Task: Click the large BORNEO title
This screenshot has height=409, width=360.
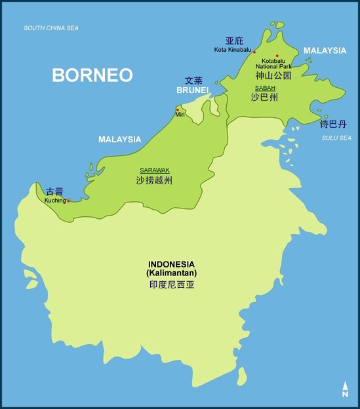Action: [92, 75]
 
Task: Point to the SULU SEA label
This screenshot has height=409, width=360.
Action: [336, 138]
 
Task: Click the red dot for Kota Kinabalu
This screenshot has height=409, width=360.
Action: [254, 52]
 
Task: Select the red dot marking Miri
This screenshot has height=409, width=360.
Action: [177, 109]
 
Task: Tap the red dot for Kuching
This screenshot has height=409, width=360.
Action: [68, 201]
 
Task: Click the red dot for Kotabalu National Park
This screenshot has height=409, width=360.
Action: [277, 56]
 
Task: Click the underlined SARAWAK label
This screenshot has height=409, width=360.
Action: [154, 170]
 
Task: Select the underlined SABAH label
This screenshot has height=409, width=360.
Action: [265, 88]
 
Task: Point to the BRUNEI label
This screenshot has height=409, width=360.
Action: [193, 90]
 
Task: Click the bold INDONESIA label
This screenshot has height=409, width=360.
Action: [172, 264]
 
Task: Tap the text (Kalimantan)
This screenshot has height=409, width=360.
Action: [172, 273]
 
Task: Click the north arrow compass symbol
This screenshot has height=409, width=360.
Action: [344, 389]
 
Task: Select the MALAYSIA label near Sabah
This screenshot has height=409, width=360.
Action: [325, 50]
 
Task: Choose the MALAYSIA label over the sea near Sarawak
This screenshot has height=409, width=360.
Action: [119, 140]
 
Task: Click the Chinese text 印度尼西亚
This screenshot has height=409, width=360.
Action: [172, 285]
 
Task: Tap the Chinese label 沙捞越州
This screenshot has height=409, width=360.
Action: [154, 180]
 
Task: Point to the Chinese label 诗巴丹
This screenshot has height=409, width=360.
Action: [332, 124]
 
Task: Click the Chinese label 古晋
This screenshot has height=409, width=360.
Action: [55, 192]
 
